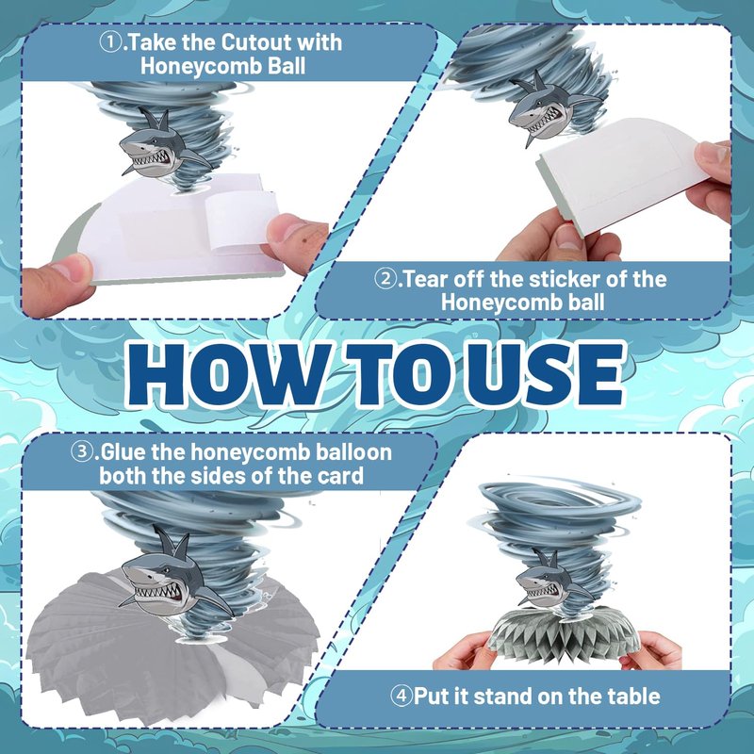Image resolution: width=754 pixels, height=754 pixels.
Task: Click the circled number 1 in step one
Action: coord(110,42)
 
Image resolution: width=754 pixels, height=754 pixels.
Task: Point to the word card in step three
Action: coord(340,476)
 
